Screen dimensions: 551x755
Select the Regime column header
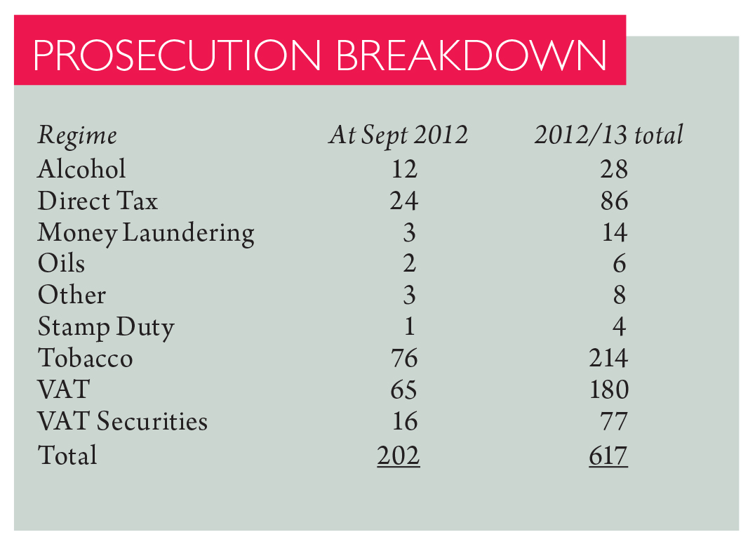click(x=77, y=135)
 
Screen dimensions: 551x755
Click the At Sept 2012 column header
click(x=398, y=135)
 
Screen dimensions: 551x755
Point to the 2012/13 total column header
click(x=608, y=135)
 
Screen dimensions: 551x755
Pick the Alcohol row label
click(x=81, y=169)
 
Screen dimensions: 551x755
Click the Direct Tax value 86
click(x=614, y=201)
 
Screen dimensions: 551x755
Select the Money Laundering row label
click(x=146, y=233)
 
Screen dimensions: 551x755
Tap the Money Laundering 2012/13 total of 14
click(x=614, y=233)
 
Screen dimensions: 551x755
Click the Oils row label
click(x=61, y=264)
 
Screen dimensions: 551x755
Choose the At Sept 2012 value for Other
click(x=409, y=296)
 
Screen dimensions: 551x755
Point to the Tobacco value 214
click(x=608, y=359)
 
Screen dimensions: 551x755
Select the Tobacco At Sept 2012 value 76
click(x=403, y=359)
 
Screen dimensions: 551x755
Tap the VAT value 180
click(x=608, y=390)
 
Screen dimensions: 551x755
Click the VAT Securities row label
click(x=123, y=421)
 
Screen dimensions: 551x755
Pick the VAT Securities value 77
click(x=614, y=421)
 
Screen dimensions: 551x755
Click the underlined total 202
click(x=398, y=456)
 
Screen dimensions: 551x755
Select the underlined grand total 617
click(x=608, y=456)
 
